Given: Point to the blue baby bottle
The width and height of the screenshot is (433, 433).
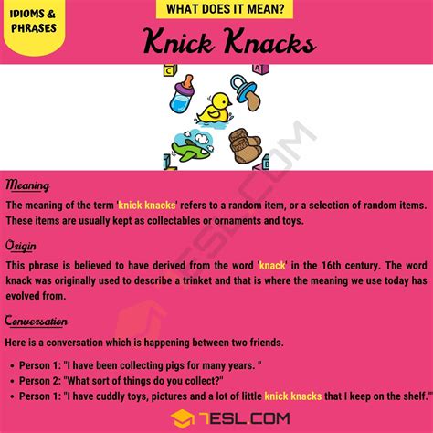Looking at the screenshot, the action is [x=183, y=92].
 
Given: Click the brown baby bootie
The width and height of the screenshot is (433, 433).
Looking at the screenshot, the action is [x=244, y=146].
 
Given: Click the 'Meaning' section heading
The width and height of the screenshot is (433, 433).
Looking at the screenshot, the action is [x=26, y=186].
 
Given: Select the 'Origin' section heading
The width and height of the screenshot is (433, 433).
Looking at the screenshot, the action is [x=22, y=246].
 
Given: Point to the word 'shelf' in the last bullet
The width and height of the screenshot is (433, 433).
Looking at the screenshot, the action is [x=404, y=397].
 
